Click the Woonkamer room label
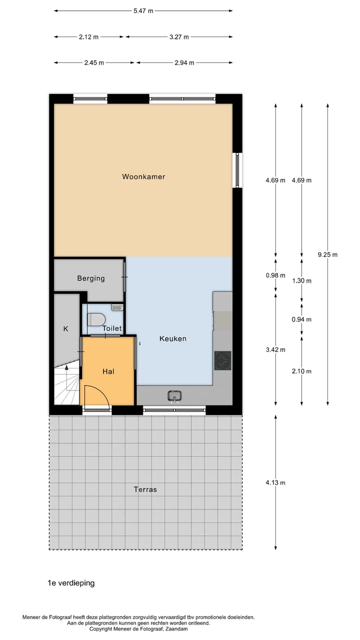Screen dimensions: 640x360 coord(143,176)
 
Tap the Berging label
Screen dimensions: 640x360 coord(91,278)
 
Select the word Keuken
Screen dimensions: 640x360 coord(172,338)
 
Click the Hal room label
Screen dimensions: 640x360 coord(108,371)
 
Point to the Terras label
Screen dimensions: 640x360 coord(145,489)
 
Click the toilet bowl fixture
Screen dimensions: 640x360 coord(96,318)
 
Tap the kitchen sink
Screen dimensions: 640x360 coord(174,396)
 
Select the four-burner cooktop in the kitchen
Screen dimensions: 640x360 coord(222,360)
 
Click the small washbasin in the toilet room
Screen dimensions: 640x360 coord(117,307)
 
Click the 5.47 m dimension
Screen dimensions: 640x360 coord(143,10)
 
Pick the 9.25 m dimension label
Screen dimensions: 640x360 coord(327,254)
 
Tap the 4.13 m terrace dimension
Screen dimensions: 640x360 coord(275,482)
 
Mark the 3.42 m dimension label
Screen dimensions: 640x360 coord(275,349)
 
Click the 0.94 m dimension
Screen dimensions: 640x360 coord(301,319)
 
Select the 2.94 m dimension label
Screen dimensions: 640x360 coord(184,62)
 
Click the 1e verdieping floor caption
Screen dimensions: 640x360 coord(71,583)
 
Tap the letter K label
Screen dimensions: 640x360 coord(65,328)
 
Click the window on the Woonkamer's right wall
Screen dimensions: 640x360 coord(237,170)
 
